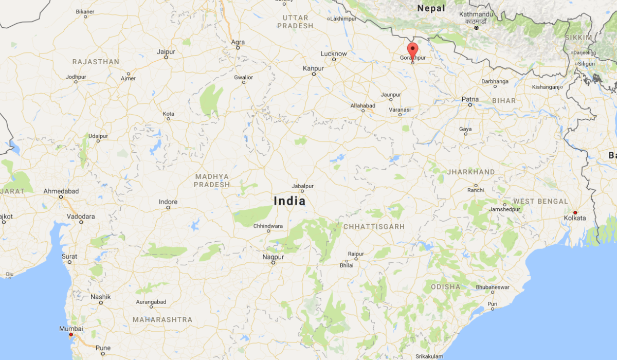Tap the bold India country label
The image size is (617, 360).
(289, 201)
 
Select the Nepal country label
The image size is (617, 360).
(431, 8)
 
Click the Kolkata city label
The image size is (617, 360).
(574, 218)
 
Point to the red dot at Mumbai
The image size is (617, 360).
(71, 334)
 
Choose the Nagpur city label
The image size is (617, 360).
(273, 256)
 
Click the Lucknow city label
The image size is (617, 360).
(334, 53)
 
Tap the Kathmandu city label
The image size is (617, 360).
(476, 14)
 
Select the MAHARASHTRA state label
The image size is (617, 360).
(162, 320)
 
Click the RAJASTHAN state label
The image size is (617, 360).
(96, 62)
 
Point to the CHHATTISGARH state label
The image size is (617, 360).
(374, 226)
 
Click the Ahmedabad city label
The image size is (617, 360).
(61, 191)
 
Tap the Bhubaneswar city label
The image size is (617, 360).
(493, 287)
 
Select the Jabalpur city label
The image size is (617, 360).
(302, 186)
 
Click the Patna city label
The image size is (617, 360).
(470, 99)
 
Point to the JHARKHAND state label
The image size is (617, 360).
(471, 172)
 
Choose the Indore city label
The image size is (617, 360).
(168, 202)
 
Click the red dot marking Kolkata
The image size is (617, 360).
(575, 212)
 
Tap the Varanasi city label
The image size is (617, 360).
(400, 110)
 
